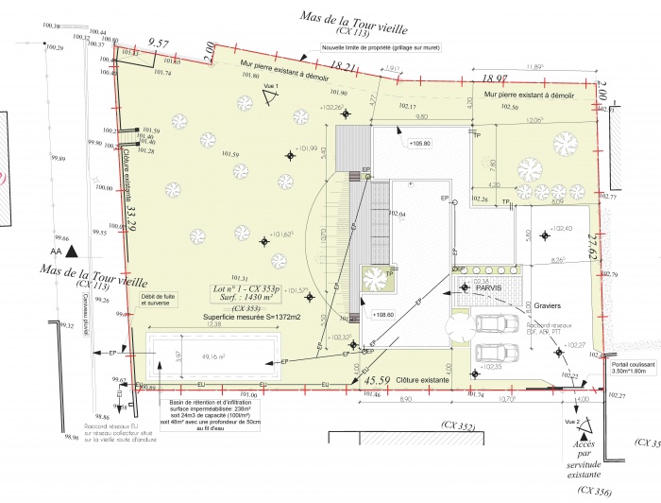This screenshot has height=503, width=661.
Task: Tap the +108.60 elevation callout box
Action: point(382,315)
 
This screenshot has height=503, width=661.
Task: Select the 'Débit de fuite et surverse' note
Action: point(158,300)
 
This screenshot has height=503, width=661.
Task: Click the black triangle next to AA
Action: point(70,252)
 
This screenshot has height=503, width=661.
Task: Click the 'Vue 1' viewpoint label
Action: point(271,86)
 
